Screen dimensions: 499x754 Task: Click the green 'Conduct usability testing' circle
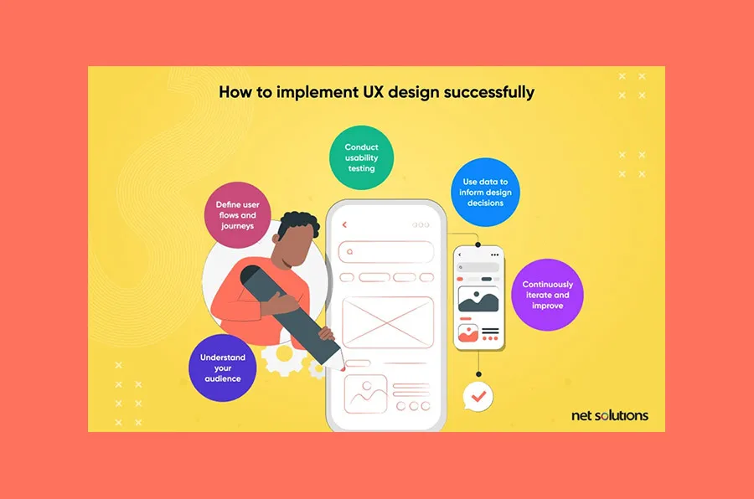pos(361,157)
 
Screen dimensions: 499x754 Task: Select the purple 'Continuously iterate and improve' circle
pos(547,295)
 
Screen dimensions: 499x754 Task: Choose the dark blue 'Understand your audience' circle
pos(222,368)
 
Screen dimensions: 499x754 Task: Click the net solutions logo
pos(609,415)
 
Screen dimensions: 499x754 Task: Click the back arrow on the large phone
pos(344,224)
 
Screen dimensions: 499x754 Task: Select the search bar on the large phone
pos(387,251)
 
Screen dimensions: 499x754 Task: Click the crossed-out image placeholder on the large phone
pos(388,320)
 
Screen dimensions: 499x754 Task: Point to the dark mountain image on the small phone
pos(478,298)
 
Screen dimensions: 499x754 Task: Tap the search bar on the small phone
pos(478,267)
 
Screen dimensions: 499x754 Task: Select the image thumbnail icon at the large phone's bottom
pos(365,391)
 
